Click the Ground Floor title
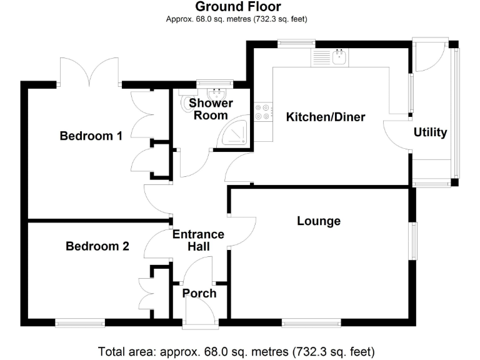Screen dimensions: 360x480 tap(238, 7)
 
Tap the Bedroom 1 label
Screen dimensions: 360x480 tap(91, 136)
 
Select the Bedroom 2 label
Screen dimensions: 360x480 tap(97, 246)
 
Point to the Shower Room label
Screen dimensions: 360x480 tap(211, 109)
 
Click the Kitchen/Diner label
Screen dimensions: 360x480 tap(325, 117)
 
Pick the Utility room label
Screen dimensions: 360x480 tap(430, 132)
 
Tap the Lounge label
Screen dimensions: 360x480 tap(319, 221)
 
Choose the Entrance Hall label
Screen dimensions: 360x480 tap(198, 241)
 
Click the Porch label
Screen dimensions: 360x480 tap(199, 293)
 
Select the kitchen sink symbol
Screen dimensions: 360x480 tap(340, 58)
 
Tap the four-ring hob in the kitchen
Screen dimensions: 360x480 tap(262, 111)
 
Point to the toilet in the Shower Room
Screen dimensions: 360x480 tap(186, 104)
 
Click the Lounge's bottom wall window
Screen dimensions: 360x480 tap(311, 323)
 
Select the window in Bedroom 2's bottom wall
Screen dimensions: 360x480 tap(79, 323)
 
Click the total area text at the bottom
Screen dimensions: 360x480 tap(237, 351)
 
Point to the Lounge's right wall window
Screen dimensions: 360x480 tap(412, 241)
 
